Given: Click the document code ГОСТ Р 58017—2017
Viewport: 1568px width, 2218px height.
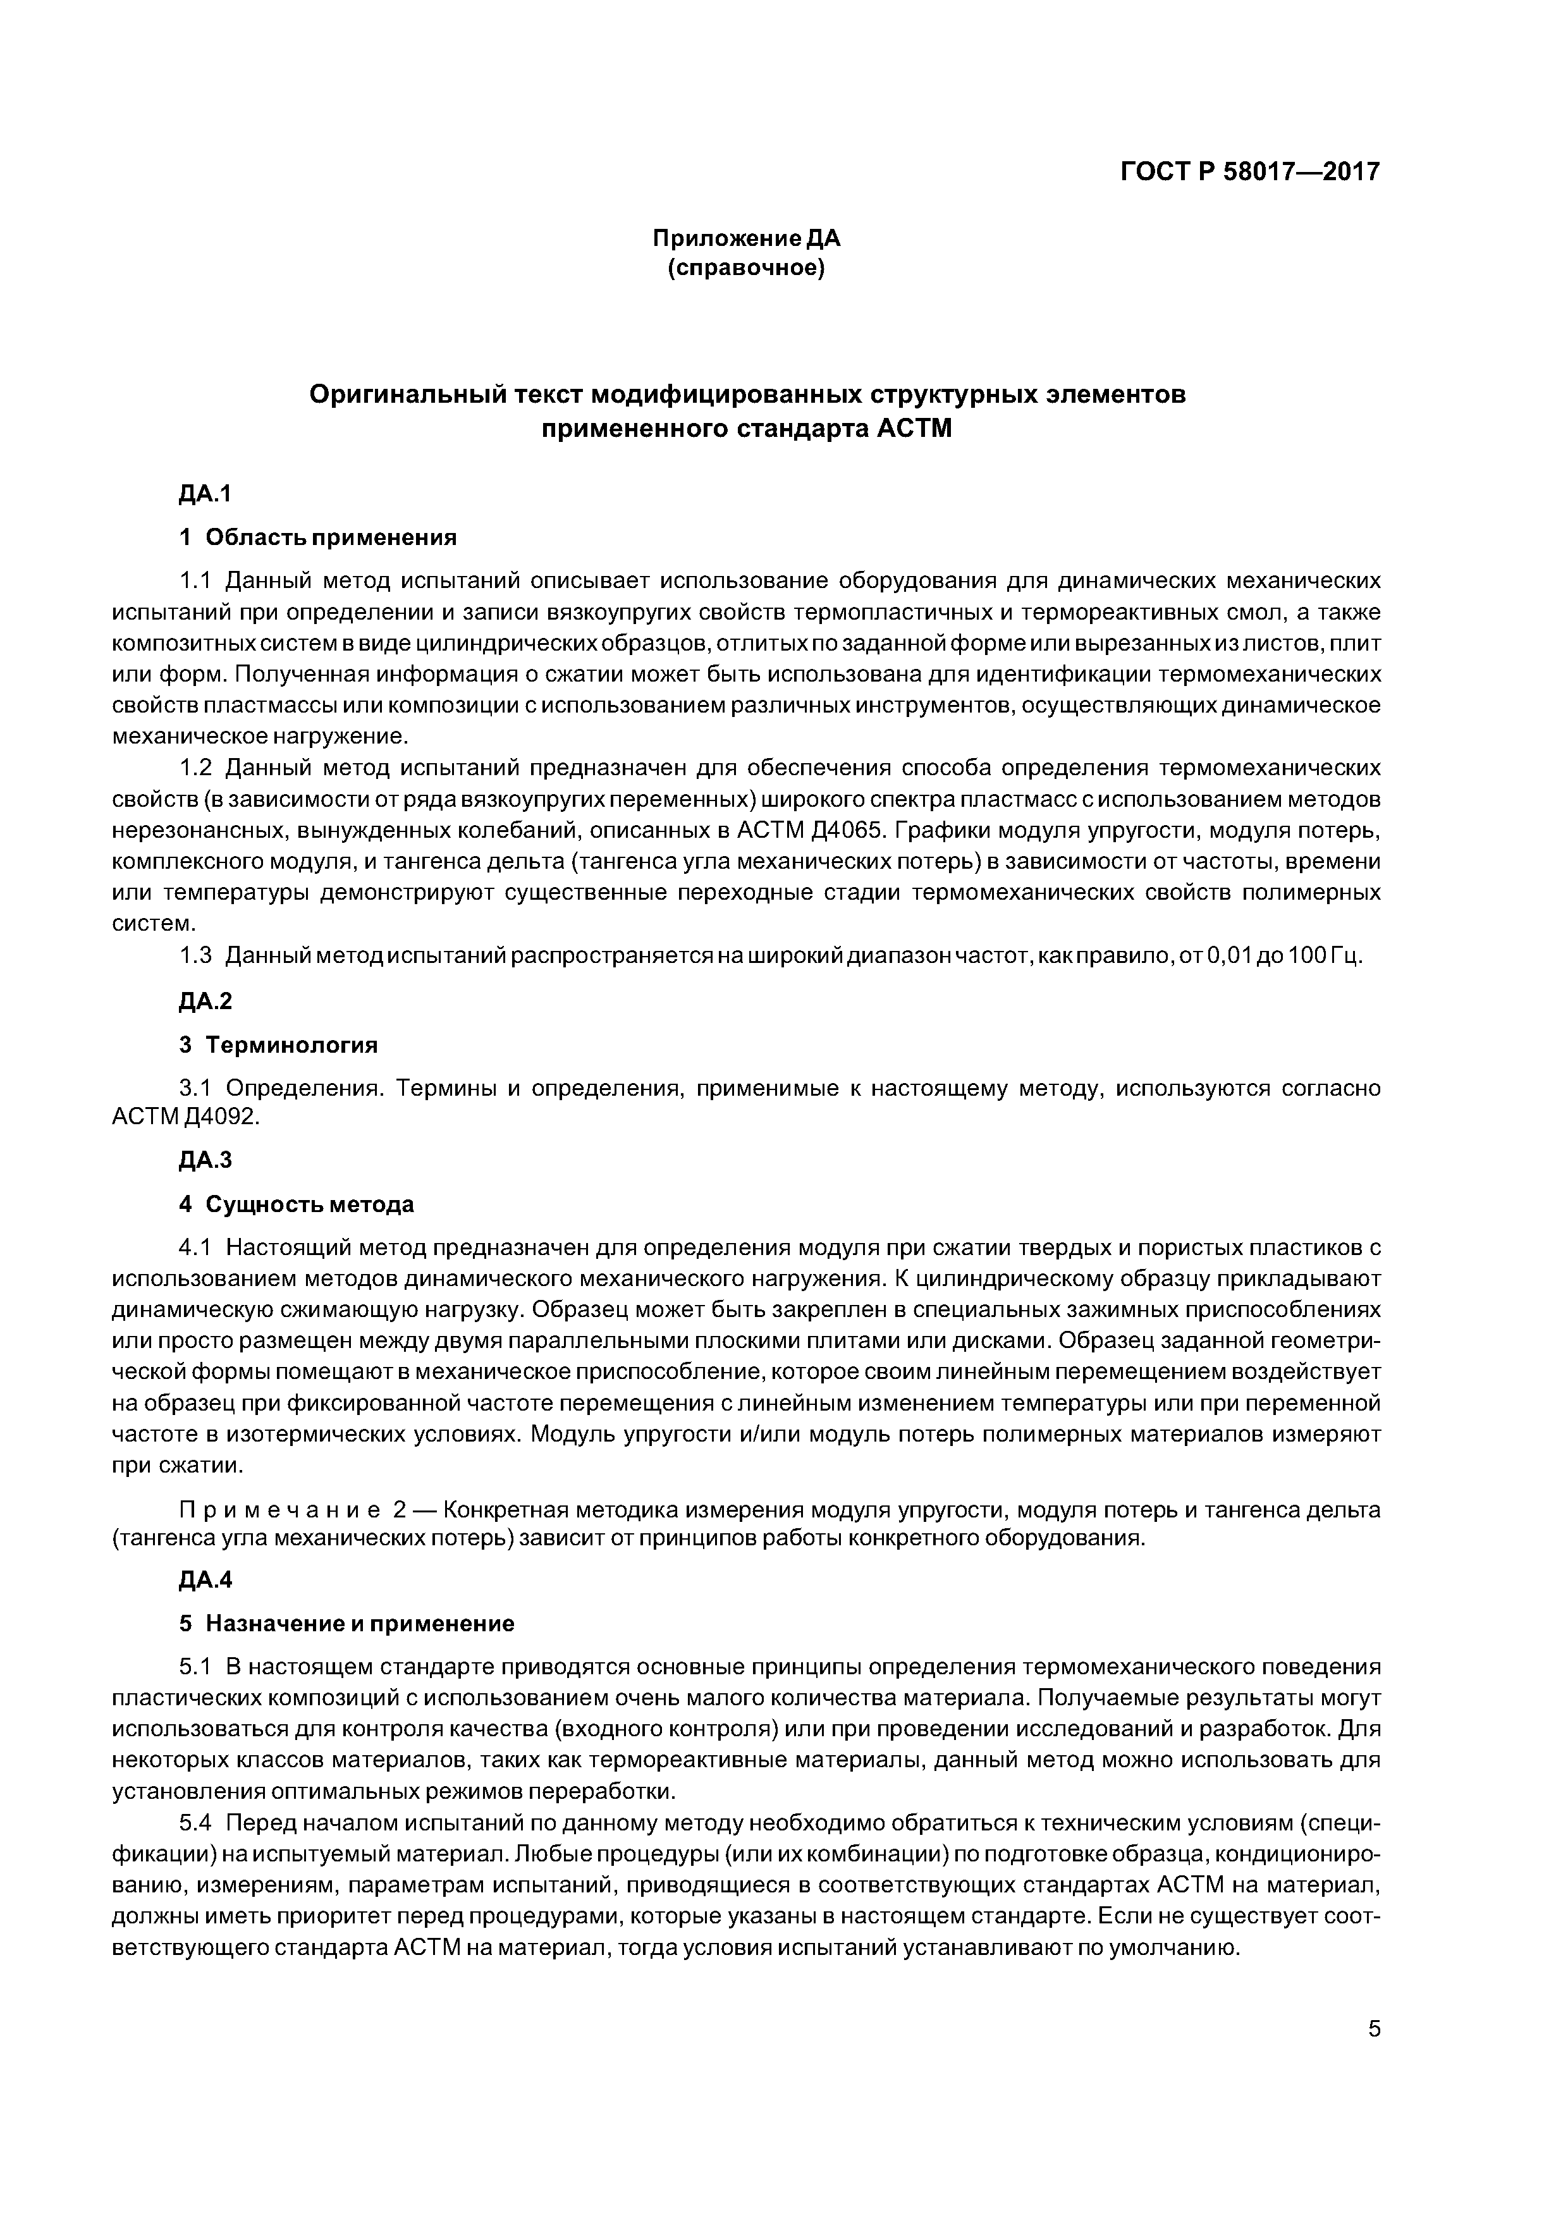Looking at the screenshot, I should (x=1250, y=172).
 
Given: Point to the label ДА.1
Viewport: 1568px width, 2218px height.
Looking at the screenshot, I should (x=205, y=494).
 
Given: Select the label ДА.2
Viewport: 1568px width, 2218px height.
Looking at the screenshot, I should (x=205, y=1002).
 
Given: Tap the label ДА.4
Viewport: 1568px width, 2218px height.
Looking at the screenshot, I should (x=205, y=1581).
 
